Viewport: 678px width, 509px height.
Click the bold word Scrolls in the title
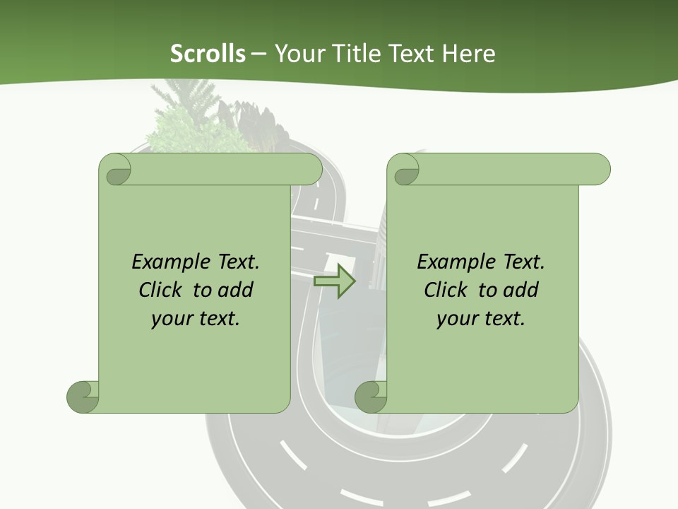pyautogui.click(x=208, y=54)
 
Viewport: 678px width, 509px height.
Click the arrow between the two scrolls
pyautogui.click(x=334, y=281)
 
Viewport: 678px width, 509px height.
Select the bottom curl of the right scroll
pyautogui.click(x=371, y=397)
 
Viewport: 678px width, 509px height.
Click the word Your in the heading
pyautogui.click(x=297, y=54)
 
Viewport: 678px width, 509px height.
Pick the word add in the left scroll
pyautogui.click(x=236, y=290)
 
